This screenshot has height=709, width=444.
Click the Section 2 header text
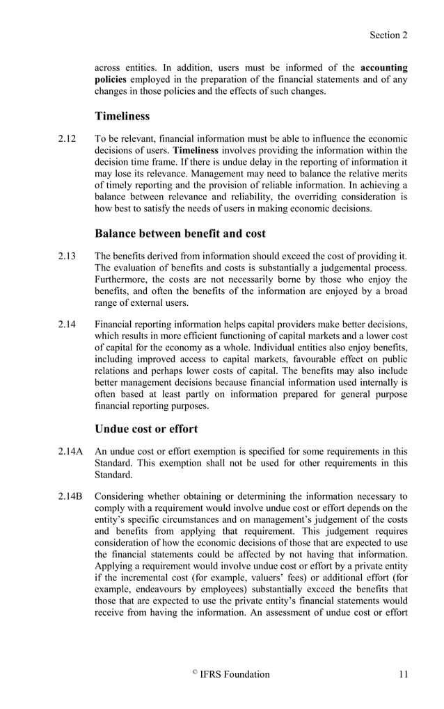tap(388, 35)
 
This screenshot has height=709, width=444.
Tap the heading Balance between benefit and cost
tap(180, 233)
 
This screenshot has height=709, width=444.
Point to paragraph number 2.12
tap(67, 138)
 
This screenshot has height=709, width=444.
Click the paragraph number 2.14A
tap(70, 450)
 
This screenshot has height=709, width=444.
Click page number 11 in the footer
tap(403, 674)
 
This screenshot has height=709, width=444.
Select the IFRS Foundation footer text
tap(235, 674)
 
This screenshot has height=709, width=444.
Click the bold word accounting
tap(384, 68)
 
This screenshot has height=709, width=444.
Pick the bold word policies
tap(111, 79)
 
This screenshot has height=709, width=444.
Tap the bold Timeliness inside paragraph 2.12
tap(196, 149)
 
